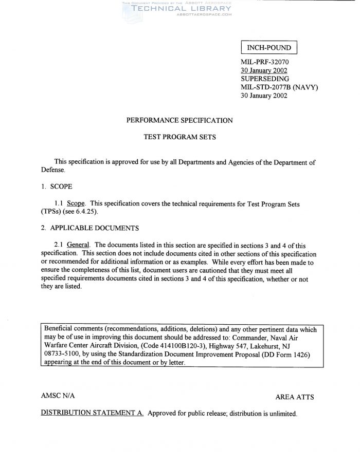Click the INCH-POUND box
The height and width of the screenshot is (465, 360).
click(x=269, y=48)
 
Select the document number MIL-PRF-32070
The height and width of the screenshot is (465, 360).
click(x=265, y=62)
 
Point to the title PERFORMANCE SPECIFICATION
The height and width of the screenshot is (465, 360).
click(x=179, y=121)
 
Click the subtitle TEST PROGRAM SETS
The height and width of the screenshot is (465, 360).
click(x=179, y=138)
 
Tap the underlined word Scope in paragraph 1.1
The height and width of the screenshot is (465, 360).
click(x=76, y=203)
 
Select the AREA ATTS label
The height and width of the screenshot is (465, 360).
click(x=295, y=397)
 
